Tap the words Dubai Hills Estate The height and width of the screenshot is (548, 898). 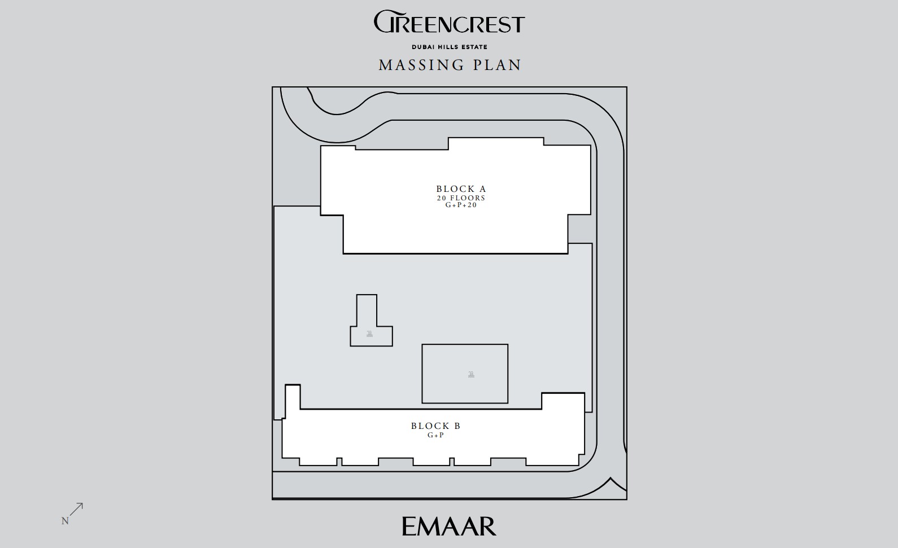tap(450, 47)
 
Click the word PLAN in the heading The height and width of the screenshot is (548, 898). tap(497, 65)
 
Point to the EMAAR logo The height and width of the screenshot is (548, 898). tap(449, 527)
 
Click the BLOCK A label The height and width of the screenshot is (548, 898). tap(461, 188)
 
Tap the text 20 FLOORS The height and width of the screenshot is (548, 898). tap(461, 198)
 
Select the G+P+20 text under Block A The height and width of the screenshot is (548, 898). tap(461, 205)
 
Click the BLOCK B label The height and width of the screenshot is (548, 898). tap(436, 426)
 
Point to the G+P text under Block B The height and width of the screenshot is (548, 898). tap(436, 435)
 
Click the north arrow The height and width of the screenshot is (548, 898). tap(76, 510)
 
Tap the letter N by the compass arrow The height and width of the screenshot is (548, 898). tap(65, 521)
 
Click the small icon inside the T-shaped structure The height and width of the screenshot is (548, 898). tap(369, 334)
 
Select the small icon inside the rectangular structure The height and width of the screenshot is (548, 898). tap(471, 375)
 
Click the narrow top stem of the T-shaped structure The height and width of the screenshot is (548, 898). tap(367, 310)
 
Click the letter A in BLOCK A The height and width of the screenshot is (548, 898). tap(483, 188)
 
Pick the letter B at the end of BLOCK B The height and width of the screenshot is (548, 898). tap(457, 426)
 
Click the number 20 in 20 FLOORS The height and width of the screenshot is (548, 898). tap(442, 198)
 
